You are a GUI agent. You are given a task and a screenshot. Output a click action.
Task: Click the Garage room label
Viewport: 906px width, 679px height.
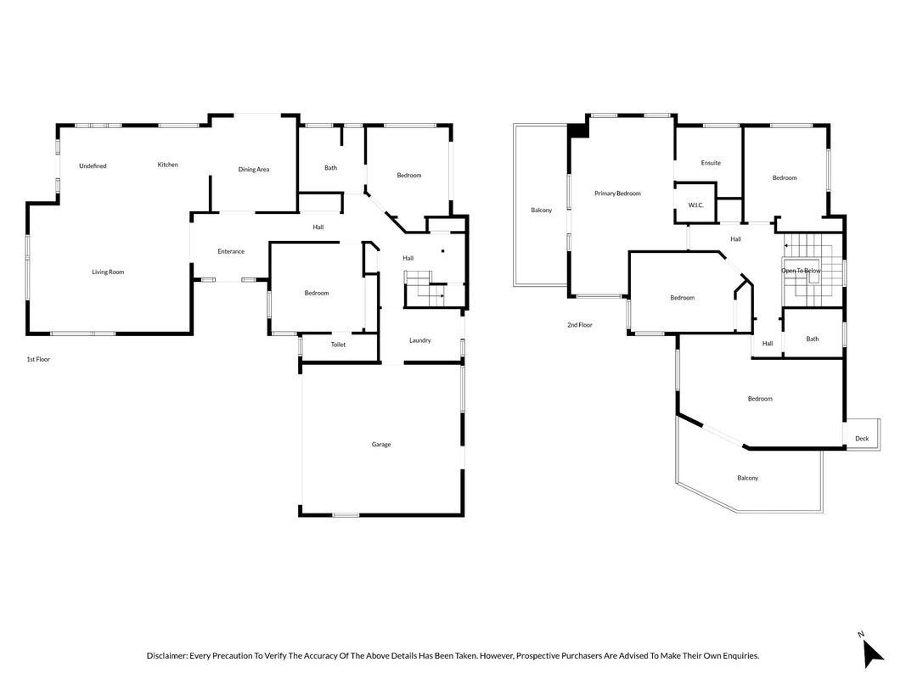[381, 445]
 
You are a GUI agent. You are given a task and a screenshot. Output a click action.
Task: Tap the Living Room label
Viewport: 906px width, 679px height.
[108, 272]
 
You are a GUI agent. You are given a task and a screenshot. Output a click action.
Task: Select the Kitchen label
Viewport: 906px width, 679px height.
[168, 165]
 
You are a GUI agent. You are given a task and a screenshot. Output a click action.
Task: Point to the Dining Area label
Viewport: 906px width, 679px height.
[254, 169]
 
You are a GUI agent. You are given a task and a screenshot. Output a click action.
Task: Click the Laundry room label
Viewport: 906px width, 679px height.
[420, 340]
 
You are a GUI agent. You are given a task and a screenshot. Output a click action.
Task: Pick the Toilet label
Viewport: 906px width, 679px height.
[338, 345]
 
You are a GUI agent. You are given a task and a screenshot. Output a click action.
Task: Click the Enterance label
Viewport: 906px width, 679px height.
[231, 251]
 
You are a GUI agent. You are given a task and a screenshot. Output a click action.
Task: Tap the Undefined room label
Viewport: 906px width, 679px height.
[93, 166]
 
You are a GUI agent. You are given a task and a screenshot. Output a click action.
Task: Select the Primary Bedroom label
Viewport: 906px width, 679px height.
[617, 194]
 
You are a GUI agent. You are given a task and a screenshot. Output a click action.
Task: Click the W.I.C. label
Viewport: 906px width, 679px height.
[696, 205]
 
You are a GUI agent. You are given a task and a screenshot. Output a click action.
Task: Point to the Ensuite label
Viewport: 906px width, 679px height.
[711, 163]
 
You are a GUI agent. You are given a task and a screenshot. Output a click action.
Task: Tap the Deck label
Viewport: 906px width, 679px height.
[862, 438]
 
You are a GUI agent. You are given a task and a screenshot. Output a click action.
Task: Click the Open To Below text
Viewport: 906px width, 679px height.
[801, 271]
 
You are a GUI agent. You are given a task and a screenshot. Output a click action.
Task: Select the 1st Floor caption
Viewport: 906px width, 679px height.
[39, 359]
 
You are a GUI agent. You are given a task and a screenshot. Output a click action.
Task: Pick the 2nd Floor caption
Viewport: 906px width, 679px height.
[580, 325]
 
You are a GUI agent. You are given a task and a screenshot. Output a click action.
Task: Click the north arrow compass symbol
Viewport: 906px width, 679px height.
[873, 654]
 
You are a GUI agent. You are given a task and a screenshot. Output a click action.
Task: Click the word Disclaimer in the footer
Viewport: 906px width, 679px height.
[167, 656]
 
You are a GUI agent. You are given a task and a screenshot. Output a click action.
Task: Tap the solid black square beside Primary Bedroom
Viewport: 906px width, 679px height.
[578, 131]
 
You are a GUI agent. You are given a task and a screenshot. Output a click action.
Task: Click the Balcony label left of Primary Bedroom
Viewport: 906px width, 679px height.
[542, 210]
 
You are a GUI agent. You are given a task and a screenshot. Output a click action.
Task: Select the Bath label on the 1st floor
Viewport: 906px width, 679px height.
[330, 168]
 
